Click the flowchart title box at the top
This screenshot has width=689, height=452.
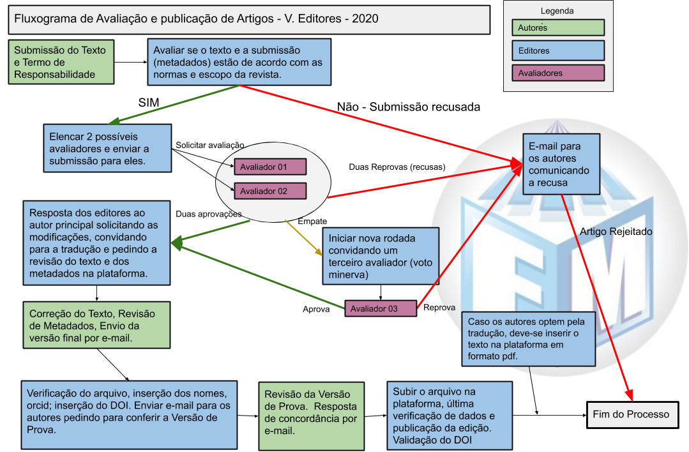point(249,19)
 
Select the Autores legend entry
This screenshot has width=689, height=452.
point(558,27)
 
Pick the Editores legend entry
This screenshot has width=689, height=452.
point(558,50)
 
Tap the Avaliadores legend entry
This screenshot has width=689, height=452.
point(558,73)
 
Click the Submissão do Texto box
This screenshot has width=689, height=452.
point(61,63)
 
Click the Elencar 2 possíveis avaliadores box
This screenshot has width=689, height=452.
point(107,148)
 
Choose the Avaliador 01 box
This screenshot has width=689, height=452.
point(270,167)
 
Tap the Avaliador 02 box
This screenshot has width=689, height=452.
point(270,191)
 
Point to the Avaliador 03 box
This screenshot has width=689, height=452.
point(381,309)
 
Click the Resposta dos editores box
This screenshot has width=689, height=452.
point(97,243)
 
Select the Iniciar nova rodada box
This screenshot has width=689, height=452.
point(381,255)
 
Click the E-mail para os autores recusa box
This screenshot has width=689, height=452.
point(561,164)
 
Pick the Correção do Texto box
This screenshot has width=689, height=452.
point(97,325)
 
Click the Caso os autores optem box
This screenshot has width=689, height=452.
point(529,339)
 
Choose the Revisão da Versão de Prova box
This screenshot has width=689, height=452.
point(312,416)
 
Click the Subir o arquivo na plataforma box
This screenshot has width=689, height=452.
point(450,416)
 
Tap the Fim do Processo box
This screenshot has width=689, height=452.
point(631,414)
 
